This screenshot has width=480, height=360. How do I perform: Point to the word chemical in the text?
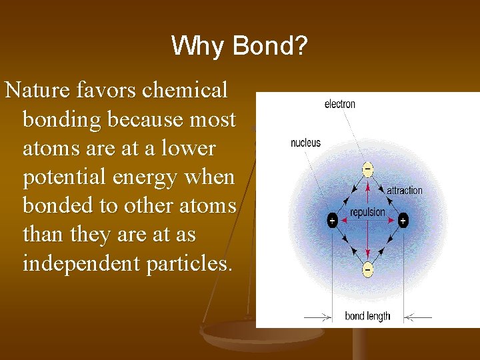(191, 89)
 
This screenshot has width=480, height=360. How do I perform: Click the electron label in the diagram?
(339, 104)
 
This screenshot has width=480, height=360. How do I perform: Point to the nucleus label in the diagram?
(305, 143)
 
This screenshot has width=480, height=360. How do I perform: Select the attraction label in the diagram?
(405, 191)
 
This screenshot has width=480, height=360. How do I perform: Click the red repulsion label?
(367, 212)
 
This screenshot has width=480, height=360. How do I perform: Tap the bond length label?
(367, 316)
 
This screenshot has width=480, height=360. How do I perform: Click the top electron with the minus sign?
(367, 170)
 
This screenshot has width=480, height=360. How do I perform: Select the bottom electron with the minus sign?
(367, 269)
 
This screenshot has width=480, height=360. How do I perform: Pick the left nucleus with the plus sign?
(332, 221)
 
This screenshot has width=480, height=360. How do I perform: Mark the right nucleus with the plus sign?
(403, 221)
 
